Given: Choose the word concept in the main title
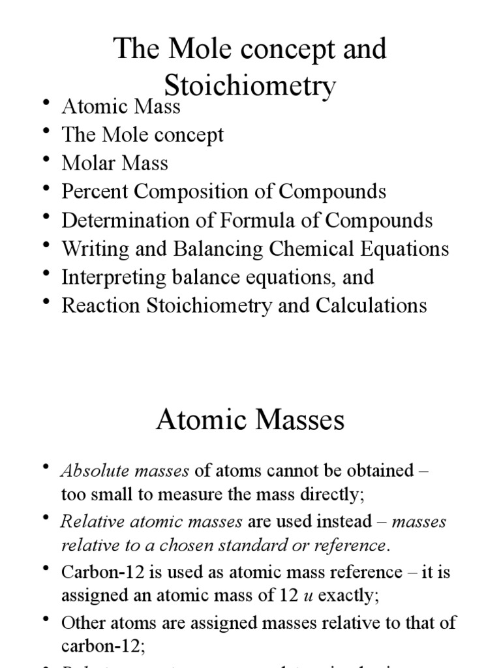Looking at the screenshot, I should pos(260,49).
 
